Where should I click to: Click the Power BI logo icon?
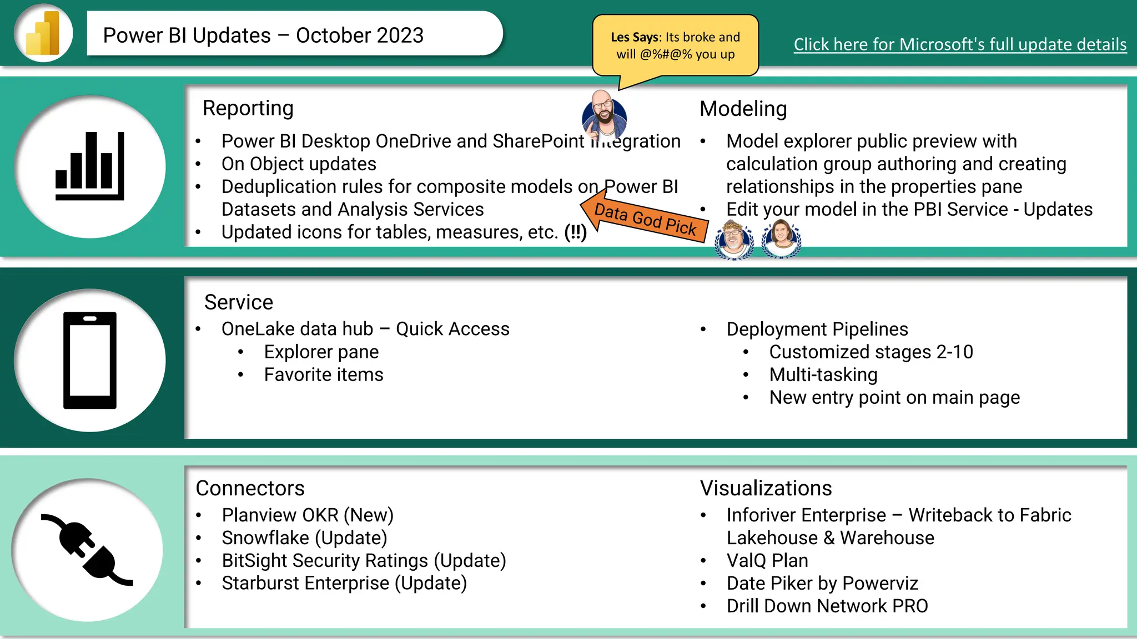[43, 33]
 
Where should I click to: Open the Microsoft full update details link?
[960, 44]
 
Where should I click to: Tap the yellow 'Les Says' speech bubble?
[675, 45]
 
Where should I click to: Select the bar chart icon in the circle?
[90, 166]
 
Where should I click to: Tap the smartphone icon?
[90, 361]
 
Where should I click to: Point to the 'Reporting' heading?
[248, 108]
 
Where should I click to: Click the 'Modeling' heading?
[743, 109]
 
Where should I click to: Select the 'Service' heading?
[239, 302]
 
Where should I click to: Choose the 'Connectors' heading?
[250, 488]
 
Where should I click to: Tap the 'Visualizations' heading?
[766, 488]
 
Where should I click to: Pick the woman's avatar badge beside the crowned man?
[782, 239]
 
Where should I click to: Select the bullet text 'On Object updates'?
[299, 164]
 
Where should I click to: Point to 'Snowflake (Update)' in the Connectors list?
[304, 538]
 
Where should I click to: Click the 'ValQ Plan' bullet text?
[767, 561]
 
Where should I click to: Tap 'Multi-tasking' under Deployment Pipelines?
[823, 375]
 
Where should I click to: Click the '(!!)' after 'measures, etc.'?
[575, 232]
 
